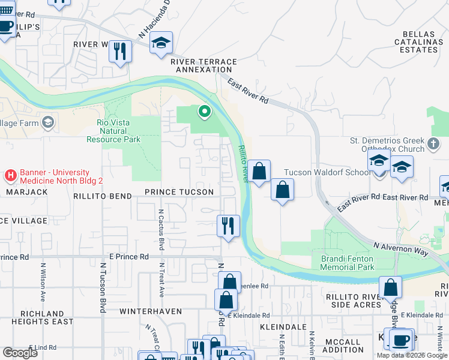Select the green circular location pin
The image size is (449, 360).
(x=205, y=111)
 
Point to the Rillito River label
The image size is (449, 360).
(x=243, y=164)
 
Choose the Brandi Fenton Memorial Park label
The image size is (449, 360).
(x=348, y=263)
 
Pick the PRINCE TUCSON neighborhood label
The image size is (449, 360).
(x=179, y=192)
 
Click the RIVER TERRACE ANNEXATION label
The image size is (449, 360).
(x=203, y=65)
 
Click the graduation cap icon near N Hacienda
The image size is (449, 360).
(x=161, y=43)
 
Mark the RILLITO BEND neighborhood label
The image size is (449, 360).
(x=102, y=196)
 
